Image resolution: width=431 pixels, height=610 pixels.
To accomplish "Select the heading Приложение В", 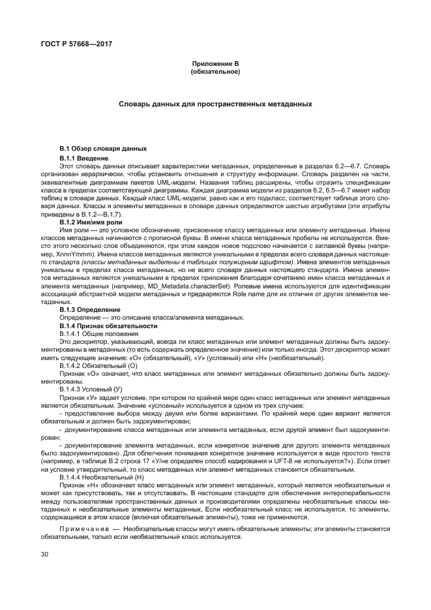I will point(215,63).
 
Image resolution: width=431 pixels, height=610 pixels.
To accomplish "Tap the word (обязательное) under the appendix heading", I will point(215,70).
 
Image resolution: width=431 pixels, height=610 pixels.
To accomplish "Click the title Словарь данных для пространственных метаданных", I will point(215,104).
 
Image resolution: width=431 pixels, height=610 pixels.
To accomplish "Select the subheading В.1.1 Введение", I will point(84,158).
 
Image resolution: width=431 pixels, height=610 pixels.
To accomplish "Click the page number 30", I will point(44,554).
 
